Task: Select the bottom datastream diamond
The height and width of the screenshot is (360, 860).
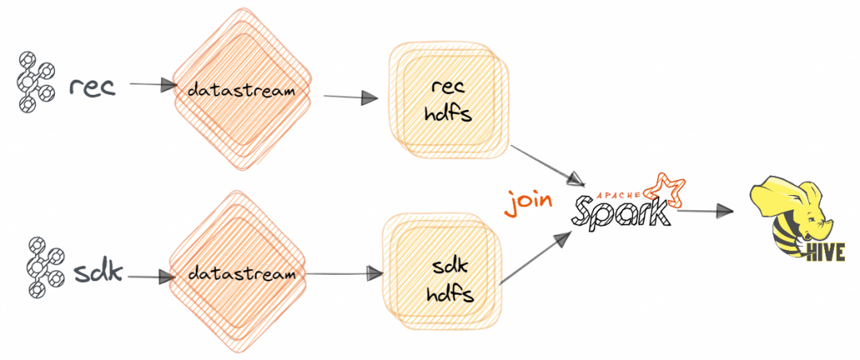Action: [x=236, y=273]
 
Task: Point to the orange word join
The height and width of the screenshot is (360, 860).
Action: [x=528, y=198]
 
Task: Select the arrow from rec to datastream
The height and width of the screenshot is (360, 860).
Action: [x=153, y=84]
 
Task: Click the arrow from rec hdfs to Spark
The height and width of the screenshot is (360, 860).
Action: [x=546, y=162]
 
